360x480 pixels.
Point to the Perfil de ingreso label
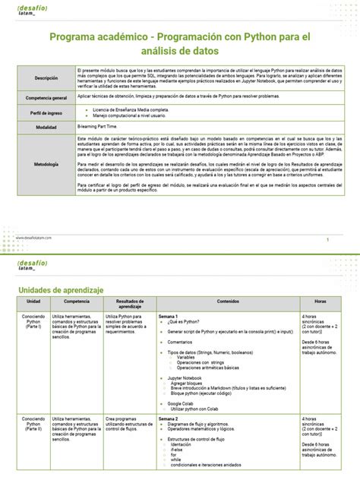pyautogui.click(x=46, y=113)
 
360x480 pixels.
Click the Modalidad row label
pyautogui.click(x=46, y=128)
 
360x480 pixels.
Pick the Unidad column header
pyautogui.click(x=33, y=301)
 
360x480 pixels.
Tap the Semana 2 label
pyautogui.click(x=169, y=418)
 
